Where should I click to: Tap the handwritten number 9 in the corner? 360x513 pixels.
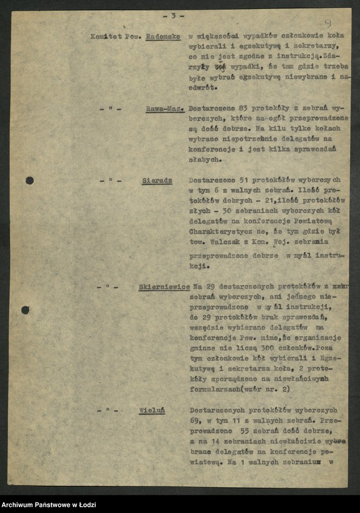pyautogui.click(x=328, y=24)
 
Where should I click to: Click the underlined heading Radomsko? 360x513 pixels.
pyautogui.click(x=163, y=36)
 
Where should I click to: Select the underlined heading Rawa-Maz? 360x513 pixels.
pyautogui.click(x=165, y=109)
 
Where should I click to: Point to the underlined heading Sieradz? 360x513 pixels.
pyautogui.click(x=157, y=181)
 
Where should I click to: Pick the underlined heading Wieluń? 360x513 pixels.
pyautogui.click(x=155, y=410)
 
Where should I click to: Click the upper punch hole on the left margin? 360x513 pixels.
pyautogui.click(x=29, y=180)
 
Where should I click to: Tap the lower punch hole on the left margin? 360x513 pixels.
pyautogui.click(x=25, y=310)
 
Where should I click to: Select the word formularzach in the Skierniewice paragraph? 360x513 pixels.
pyautogui.click(x=216, y=388)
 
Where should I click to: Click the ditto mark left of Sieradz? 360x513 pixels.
pyautogui.click(x=111, y=181)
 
